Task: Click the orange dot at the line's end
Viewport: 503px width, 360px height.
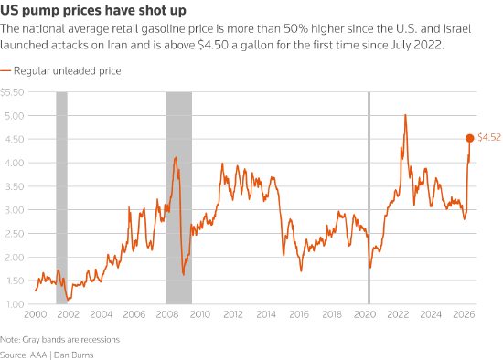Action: [470, 138]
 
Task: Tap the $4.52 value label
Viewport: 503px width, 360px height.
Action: [489, 137]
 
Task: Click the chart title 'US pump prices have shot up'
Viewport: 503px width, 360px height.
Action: [93, 10]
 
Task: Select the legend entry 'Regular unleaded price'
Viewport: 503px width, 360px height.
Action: [68, 71]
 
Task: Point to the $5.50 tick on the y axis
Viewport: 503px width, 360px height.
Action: [12, 92]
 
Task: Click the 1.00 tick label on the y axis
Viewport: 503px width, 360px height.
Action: [15, 304]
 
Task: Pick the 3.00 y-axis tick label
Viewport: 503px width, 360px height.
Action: [15, 210]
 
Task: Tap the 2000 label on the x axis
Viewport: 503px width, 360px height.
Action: [36, 314]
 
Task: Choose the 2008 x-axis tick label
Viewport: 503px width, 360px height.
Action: [167, 314]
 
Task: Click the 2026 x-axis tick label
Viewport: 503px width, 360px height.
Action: [464, 314]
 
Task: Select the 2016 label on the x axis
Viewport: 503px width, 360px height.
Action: [299, 314]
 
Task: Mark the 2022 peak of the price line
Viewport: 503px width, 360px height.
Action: [405, 115]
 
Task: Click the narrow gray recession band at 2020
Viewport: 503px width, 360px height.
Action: [369, 197]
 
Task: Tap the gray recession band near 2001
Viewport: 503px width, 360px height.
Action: [61, 197]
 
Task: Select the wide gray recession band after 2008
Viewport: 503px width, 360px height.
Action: [178, 197]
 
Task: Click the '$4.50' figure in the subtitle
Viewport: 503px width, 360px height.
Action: [213, 45]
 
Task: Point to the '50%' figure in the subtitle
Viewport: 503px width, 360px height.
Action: [295, 29]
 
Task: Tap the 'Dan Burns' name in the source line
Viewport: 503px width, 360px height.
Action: [73, 355]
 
